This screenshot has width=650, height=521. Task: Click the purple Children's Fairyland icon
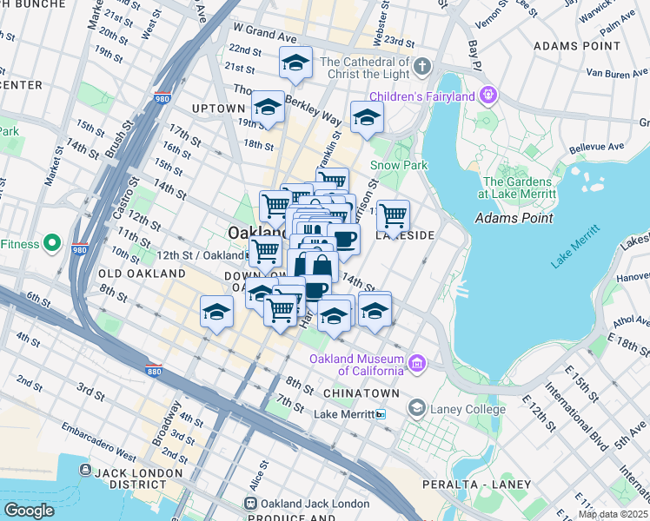pyautogui.click(x=488, y=94)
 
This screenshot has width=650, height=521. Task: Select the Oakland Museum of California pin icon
pyautogui.click(x=418, y=361)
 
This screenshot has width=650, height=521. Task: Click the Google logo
pyautogui.click(x=30, y=510)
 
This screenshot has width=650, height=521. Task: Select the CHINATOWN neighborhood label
pyautogui.click(x=361, y=393)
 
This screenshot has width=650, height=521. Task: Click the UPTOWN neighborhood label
pyautogui.click(x=218, y=109)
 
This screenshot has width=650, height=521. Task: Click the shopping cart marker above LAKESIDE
pyautogui.click(x=393, y=214)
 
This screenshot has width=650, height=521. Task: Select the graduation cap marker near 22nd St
pyautogui.click(x=295, y=63)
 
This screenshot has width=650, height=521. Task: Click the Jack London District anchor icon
pyautogui.click(x=85, y=470)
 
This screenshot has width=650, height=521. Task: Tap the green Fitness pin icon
pyautogui.click(x=51, y=242)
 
